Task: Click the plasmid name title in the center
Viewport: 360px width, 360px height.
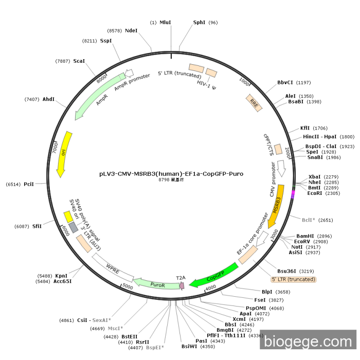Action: click(171, 174)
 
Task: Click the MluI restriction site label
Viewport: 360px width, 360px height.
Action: click(165, 23)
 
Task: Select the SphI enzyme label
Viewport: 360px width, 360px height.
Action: click(200, 23)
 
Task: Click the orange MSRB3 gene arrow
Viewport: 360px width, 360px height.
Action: click(276, 206)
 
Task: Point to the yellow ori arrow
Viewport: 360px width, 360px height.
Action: click(63, 154)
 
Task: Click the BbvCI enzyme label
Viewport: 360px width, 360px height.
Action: click(285, 82)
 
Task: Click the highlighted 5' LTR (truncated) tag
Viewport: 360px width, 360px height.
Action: click(294, 279)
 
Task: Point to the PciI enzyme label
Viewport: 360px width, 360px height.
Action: click(29, 184)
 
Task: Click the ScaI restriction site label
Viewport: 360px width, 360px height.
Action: click(79, 61)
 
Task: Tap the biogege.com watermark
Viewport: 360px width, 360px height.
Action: click(308, 341)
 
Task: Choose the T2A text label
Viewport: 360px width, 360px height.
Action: click(181, 278)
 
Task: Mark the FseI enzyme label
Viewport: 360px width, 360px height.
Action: click(260, 300)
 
